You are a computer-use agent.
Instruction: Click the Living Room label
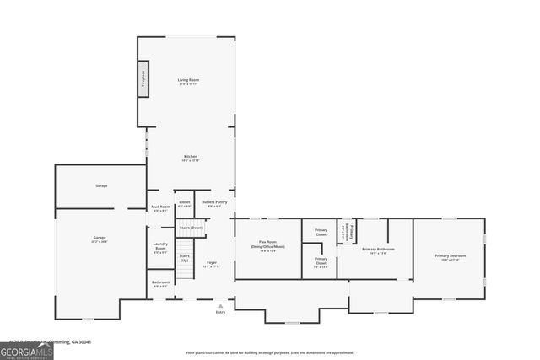tap(188, 82)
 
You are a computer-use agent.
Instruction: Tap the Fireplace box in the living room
tap(143, 77)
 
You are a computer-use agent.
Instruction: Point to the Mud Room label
tap(160, 208)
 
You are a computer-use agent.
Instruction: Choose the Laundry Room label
tap(160, 247)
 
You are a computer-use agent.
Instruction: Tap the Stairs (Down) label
tap(192, 228)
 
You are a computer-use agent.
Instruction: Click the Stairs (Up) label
tap(184, 257)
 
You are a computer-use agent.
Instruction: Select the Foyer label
tap(212, 264)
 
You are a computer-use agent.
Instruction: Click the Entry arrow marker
tap(220, 305)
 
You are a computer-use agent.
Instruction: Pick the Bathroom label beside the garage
tap(160, 283)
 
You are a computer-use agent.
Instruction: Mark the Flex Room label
tap(267, 246)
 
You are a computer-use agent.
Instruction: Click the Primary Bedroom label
tap(450, 256)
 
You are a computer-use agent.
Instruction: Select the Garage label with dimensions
tap(100, 239)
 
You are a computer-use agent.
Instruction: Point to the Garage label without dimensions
tap(101, 185)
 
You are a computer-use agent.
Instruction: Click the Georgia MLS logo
tap(27, 349)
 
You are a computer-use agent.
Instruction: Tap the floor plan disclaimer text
tap(270, 352)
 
